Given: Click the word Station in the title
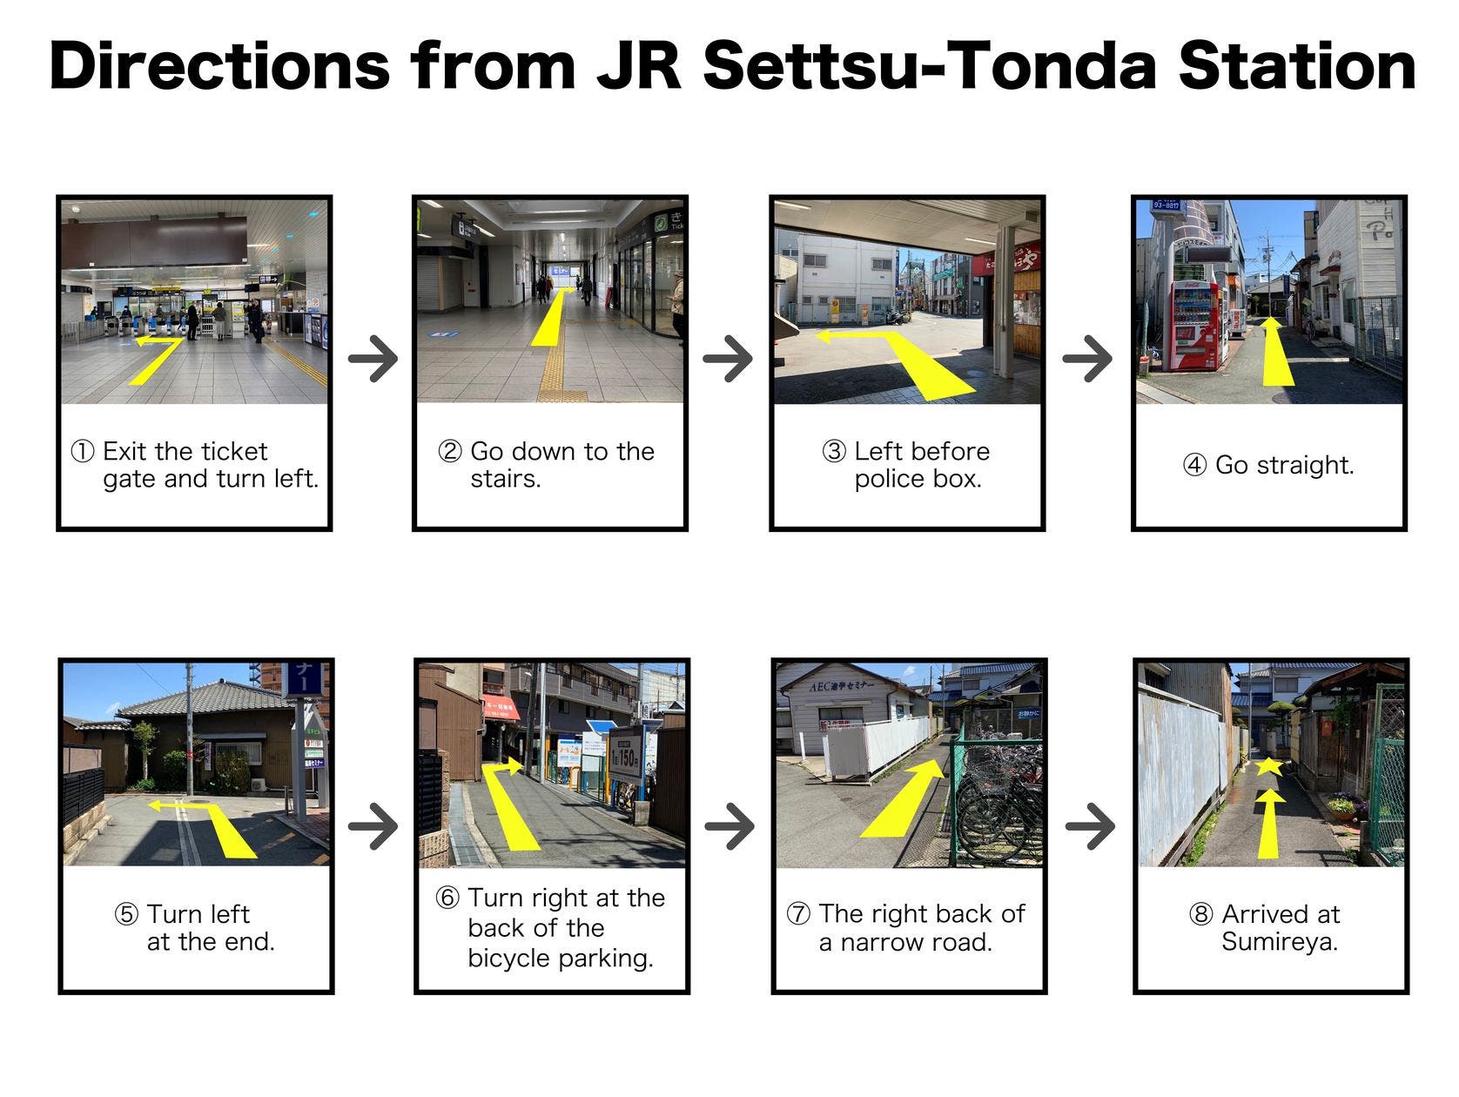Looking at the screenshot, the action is (1296, 66).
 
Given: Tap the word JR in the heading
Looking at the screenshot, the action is (638, 66).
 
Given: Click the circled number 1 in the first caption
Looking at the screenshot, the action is (83, 452).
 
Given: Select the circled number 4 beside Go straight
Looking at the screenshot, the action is (1194, 465).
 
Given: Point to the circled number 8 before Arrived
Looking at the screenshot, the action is (1200, 914).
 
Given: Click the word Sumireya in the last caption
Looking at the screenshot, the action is (1278, 942).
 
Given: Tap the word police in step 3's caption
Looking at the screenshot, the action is (893, 479).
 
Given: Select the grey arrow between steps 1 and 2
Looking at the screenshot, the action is (373, 359).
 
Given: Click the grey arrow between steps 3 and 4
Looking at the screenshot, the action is (1086, 359).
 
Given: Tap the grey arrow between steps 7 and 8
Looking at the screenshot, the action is (1090, 826).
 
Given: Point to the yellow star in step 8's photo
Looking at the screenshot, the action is (1268, 767).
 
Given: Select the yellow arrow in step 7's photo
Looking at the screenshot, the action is (903, 798).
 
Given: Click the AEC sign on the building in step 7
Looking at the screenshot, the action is (841, 685).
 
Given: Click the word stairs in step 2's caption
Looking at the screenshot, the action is (505, 479).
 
